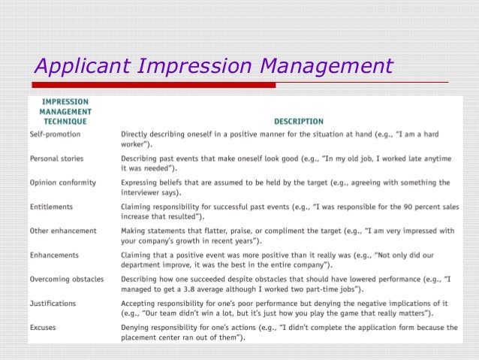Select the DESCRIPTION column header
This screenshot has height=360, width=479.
click(x=298, y=121)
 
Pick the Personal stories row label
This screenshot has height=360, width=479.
click(x=56, y=158)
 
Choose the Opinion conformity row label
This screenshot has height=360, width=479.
click(x=61, y=182)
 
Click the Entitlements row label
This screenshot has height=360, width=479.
click(x=52, y=206)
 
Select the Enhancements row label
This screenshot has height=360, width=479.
click(x=54, y=255)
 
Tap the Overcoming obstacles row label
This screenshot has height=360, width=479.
click(x=66, y=279)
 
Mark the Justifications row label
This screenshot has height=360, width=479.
click(x=54, y=304)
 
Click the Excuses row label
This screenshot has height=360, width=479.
click(x=44, y=328)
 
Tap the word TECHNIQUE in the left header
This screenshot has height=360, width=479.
click(x=65, y=121)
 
